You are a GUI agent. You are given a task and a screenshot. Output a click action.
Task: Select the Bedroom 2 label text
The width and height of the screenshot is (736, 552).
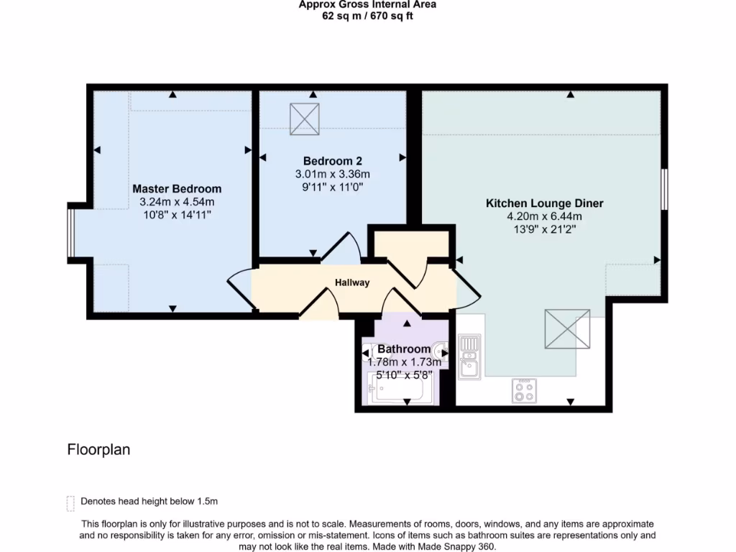coord(332,160)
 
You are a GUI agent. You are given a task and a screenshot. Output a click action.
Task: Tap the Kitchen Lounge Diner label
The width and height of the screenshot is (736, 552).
coord(544,203)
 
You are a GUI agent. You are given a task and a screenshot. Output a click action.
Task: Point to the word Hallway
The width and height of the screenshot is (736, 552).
coord(352,282)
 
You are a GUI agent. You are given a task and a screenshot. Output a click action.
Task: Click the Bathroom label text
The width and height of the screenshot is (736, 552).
coord(404,349)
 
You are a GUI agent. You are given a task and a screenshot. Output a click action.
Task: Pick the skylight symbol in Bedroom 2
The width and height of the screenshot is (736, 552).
coord(304,119)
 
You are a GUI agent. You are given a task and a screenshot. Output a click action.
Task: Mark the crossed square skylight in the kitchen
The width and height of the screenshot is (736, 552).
coord(567,329)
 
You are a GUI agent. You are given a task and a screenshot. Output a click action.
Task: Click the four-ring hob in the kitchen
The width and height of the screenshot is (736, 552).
coord(523,391)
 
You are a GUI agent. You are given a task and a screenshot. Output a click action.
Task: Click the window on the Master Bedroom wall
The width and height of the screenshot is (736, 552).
coord(70,231)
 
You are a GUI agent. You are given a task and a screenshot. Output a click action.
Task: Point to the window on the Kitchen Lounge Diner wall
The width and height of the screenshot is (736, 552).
coord(664,188)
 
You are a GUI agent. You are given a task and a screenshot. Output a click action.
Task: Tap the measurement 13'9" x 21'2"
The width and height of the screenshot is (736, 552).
coord(544,229)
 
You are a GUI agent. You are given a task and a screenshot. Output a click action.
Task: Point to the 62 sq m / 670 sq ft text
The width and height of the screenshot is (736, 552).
coord(367,16)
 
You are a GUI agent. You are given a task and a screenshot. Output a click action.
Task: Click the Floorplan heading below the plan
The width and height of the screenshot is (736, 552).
coord(98,450)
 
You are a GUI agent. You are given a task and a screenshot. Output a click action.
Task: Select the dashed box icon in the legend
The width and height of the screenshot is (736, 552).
coord(70,502)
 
